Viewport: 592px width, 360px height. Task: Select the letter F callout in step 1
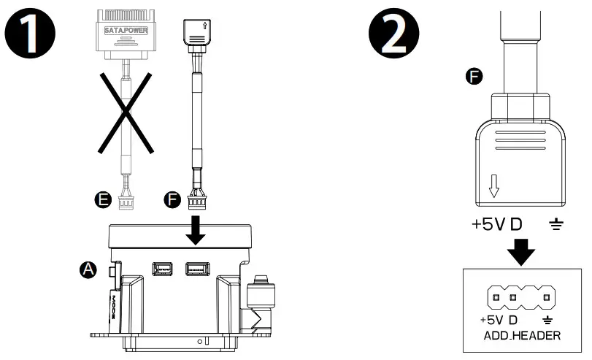[172, 198]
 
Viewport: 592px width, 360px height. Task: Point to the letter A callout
[88, 269]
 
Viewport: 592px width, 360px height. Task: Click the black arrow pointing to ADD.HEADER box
[520, 252]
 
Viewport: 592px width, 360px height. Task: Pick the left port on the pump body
[163, 269]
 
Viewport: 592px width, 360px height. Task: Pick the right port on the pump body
[196, 269]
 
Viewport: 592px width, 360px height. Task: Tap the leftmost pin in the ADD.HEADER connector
[497, 298]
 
